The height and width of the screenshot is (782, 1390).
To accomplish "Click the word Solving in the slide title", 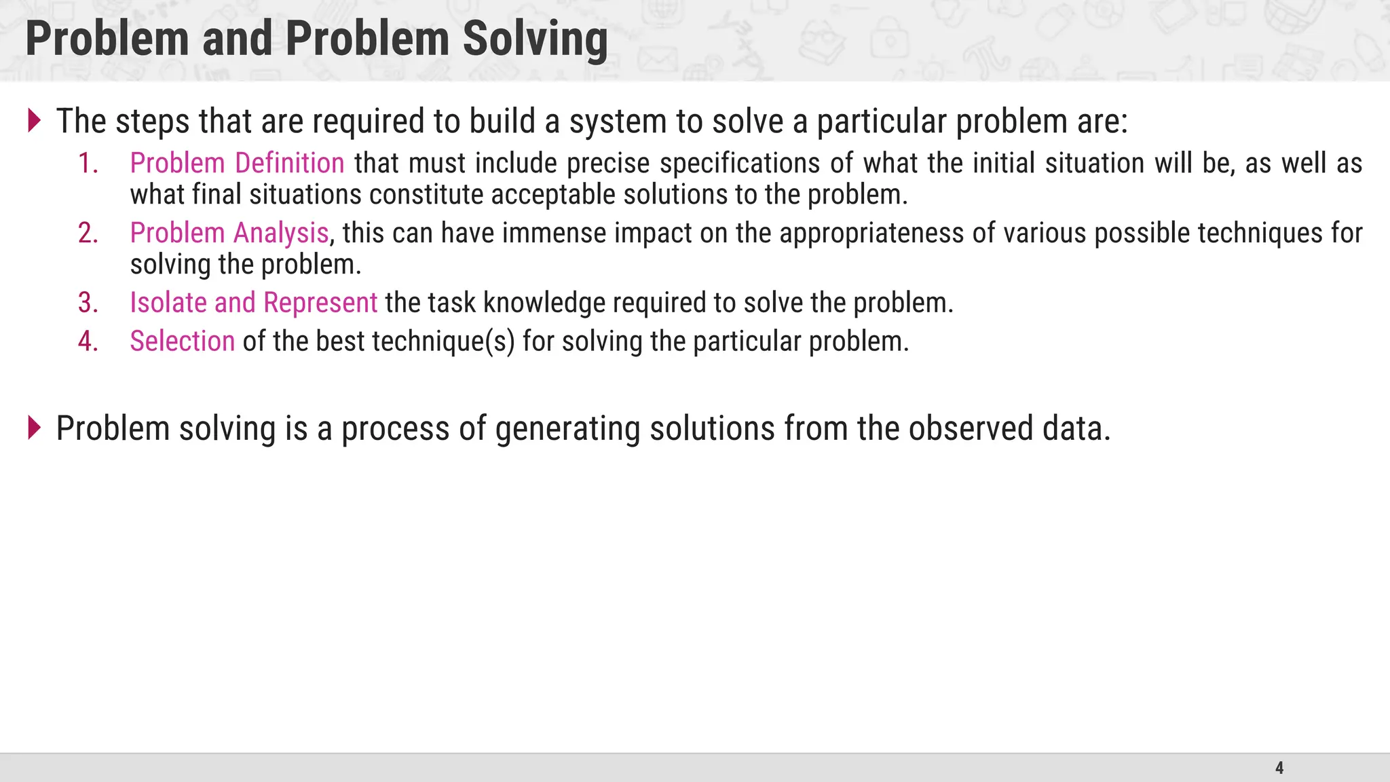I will (x=535, y=39).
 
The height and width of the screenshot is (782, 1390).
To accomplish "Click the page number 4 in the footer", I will (x=1279, y=768).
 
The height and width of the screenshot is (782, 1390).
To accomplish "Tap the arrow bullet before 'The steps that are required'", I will (x=35, y=121).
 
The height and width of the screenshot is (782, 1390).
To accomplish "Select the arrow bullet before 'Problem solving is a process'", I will (x=35, y=428).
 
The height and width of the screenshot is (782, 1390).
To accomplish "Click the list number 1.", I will (x=88, y=164).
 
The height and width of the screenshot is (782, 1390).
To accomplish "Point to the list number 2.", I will (x=88, y=233).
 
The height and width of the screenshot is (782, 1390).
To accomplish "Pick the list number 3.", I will (x=88, y=303).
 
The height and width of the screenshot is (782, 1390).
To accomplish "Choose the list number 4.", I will (x=88, y=341).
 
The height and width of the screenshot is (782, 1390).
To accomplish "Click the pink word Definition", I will (x=290, y=164).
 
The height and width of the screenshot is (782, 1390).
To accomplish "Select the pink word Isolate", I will (x=168, y=303).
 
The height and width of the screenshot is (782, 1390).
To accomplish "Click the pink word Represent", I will (x=320, y=303).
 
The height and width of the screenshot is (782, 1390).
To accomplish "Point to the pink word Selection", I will (x=183, y=341).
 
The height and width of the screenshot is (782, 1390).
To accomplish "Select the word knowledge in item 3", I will (x=544, y=303).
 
